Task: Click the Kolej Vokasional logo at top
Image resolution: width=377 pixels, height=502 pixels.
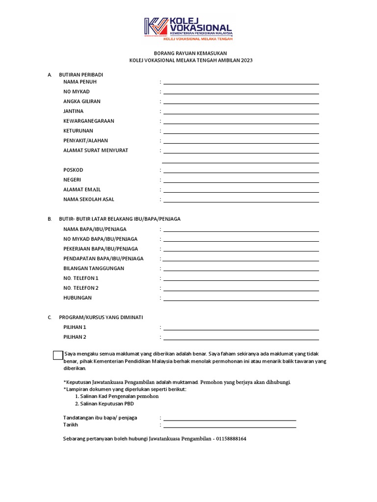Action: pyautogui.click(x=188, y=28)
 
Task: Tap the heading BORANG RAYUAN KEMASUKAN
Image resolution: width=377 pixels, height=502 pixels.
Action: pyautogui.click(x=188, y=53)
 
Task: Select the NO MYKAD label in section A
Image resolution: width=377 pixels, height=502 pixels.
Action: pyautogui.click(x=77, y=92)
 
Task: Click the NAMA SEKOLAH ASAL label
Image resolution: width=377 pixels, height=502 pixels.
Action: pyautogui.click(x=89, y=200)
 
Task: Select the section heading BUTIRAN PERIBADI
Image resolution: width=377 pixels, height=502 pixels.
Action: pyautogui.click(x=81, y=75)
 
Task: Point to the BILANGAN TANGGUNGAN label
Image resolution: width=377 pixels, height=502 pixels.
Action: pyautogui.click(x=94, y=268)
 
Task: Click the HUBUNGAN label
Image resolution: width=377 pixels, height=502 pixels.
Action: pyautogui.click(x=78, y=298)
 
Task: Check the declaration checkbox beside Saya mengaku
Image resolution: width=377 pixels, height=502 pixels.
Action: pyautogui.click(x=58, y=355)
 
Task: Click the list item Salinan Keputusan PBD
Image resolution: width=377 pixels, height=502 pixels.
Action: pyautogui.click(x=104, y=403)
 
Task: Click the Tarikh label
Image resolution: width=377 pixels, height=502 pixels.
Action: pyautogui.click(x=71, y=425)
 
